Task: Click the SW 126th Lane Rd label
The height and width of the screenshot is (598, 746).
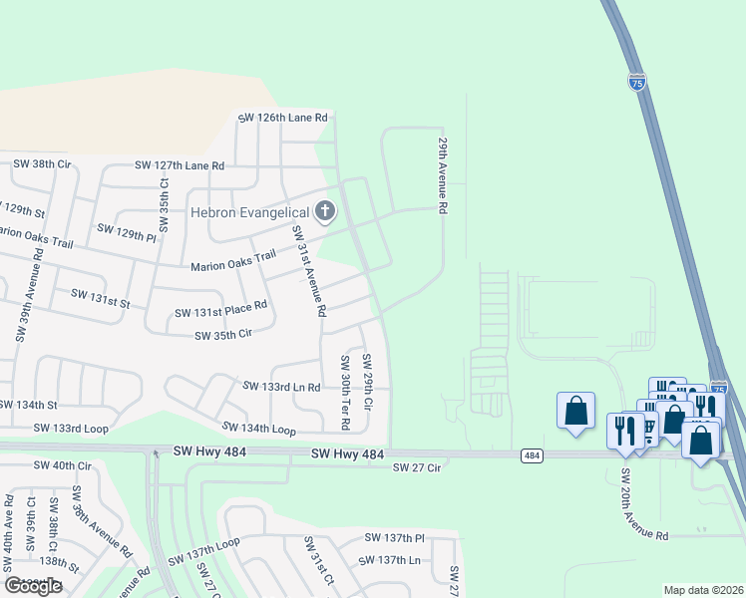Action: pyautogui.click(x=282, y=118)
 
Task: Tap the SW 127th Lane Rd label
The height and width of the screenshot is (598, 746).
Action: pyautogui.click(x=180, y=165)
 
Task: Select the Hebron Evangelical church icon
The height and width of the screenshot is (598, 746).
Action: pyautogui.click(x=324, y=211)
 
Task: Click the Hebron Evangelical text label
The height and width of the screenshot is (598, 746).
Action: pyautogui.click(x=249, y=212)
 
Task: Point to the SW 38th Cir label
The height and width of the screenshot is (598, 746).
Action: pyautogui.click(x=41, y=163)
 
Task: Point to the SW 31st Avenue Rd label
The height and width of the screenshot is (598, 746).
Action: pyautogui.click(x=308, y=271)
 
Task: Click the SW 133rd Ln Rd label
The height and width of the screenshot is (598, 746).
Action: pyautogui.click(x=282, y=387)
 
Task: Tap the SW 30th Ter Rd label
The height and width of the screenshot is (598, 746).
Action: pyautogui.click(x=345, y=392)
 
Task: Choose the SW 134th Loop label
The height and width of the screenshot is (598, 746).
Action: pyautogui.click(x=258, y=428)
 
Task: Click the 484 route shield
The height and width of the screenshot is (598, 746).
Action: pyautogui.click(x=532, y=455)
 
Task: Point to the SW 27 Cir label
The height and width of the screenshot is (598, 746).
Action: pyautogui.click(x=417, y=467)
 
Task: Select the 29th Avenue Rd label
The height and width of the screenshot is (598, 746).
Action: pyautogui.click(x=439, y=175)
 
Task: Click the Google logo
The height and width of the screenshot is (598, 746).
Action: pyautogui.click(x=33, y=586)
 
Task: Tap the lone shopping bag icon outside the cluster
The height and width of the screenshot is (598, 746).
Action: pyautogui.click(x=575, y=411)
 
